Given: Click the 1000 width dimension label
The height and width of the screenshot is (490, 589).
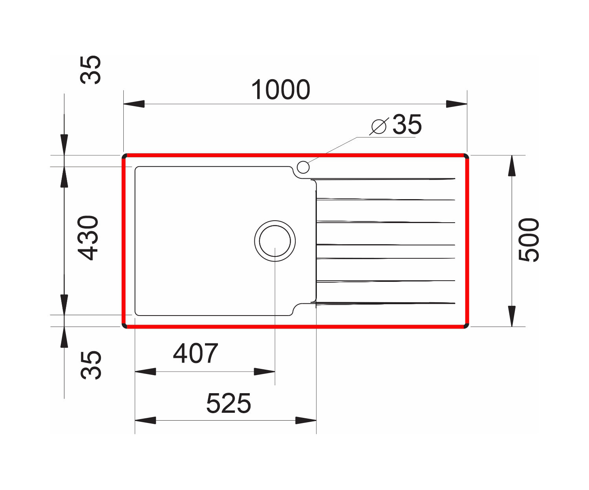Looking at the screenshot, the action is click(281, 89).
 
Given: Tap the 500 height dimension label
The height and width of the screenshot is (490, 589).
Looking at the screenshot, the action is click(529, 240).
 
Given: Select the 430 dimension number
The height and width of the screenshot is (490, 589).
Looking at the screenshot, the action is click(88, 238).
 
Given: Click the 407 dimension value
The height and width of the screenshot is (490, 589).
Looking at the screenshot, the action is click(196, 353).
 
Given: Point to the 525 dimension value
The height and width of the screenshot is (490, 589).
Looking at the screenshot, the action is click(229, 403).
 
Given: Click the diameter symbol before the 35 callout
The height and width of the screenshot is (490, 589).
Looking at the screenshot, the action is click(379, 127).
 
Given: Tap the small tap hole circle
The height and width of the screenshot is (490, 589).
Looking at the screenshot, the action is click(303, 167).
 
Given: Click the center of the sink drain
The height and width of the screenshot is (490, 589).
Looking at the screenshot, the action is click(275, 241).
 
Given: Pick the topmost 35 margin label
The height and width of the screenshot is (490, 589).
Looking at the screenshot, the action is click(90, 70).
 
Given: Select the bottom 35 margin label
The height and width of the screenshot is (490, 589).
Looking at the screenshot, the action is click(90, 365).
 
